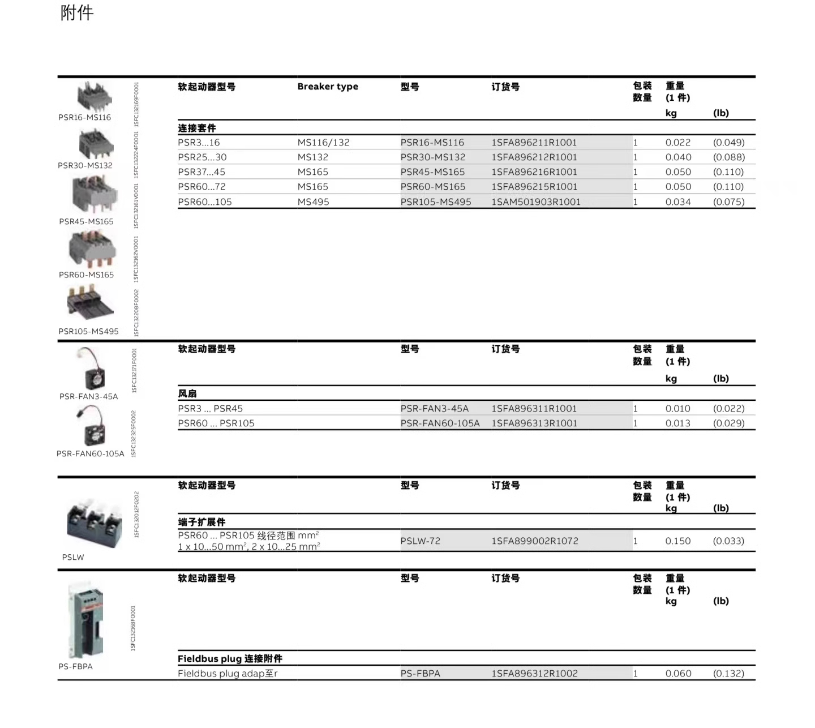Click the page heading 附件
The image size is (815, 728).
(77, 13)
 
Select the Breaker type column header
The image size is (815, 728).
(328, 87)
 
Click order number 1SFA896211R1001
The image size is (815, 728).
(534, 143)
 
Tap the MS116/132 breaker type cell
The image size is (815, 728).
(323, 143)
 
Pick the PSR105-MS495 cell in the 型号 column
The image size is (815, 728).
(436, 202)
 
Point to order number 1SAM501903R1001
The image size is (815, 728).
(535, 202)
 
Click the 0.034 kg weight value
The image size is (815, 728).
(678, 202)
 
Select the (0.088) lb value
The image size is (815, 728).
(728, 157)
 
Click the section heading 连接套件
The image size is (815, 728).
(197, 128)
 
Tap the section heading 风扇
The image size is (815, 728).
(187, 393)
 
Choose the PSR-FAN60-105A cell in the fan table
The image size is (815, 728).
(440, 423)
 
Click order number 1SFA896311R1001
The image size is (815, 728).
(534, 409)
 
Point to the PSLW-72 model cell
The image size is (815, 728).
(420, 541)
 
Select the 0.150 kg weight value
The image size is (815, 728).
(678, 541)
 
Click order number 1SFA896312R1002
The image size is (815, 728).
(534, 674)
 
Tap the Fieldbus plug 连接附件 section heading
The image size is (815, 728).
(230, 658)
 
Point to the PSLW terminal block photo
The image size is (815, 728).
(93, 523)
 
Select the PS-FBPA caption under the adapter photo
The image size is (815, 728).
(75, 667)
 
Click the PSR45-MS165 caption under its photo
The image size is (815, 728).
(86, 222)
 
